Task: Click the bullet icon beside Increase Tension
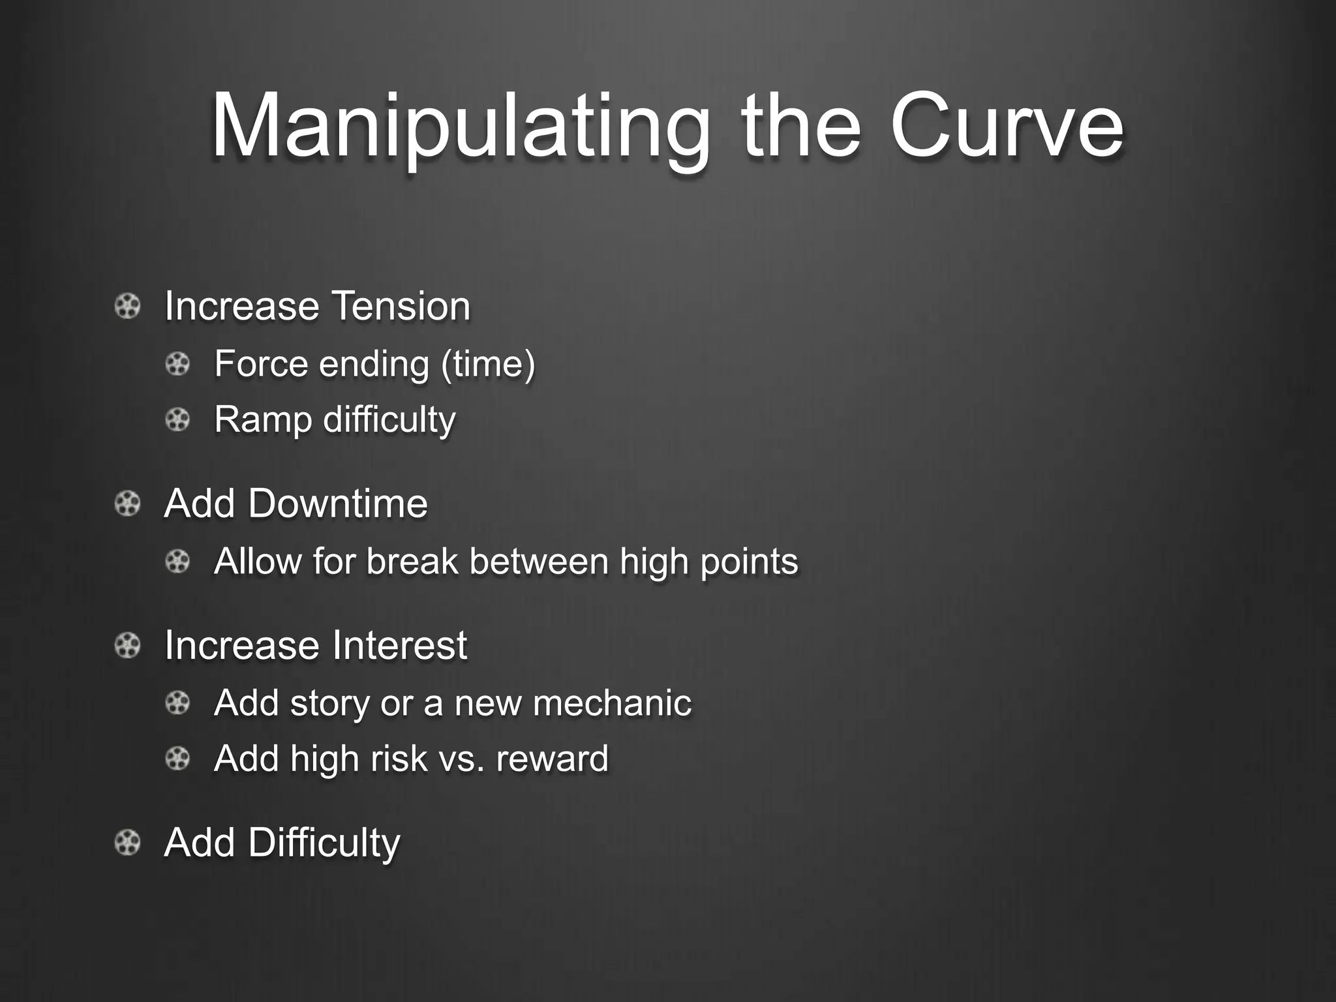tap(127, 306)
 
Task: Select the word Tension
tap(401, 306)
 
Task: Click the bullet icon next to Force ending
tap(177, 363)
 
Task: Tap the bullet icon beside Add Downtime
tap(127, 504)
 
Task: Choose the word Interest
tap(399, 645)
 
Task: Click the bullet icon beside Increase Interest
tap(127, 646)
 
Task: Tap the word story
tap(329, 703)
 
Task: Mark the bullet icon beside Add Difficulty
tap(127, 842)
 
